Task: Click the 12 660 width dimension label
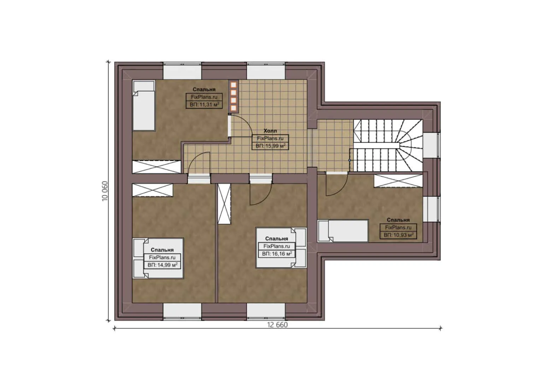277,325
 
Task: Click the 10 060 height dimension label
105,191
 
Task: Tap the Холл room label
270,131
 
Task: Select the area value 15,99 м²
270,146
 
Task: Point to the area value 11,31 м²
204,104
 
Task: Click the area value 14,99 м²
162,265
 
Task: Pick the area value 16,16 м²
277,254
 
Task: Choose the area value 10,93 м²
398,235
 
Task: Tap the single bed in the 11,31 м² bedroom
143,105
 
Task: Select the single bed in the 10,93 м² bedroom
343,231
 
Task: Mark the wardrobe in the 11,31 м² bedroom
157,167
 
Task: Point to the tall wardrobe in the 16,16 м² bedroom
224,204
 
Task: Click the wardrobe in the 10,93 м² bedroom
398,181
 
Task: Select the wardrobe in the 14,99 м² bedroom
152,190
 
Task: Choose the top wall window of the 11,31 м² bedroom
182,71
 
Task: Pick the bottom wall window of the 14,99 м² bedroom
182,312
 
